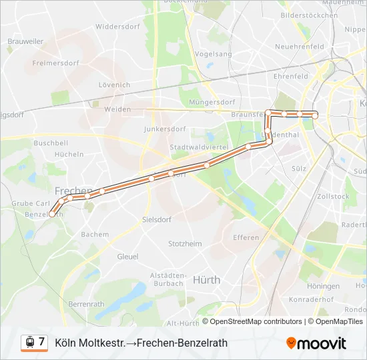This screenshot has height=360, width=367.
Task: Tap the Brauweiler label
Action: tap(25, 41)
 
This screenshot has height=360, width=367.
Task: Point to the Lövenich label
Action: tap(114, 85)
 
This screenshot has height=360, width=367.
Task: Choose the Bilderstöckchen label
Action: tap(309, 15)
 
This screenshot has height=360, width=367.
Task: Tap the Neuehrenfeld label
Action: tap(299, 47)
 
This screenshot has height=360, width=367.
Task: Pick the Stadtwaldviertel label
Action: tap(199, 147)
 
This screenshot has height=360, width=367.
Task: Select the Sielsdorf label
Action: tap(157, 219)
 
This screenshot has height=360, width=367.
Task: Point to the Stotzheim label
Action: tap(185, 244)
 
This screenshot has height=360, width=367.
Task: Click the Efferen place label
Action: tap(246, 238)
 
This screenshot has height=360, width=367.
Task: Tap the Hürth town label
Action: tap(206, 280)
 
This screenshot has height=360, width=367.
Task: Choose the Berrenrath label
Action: tap(87, 303)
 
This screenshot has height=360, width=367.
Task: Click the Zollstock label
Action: tap(334, 197)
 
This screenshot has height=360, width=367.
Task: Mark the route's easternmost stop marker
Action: tap(315, 115)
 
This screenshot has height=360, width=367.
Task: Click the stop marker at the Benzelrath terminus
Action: tap(51, 214)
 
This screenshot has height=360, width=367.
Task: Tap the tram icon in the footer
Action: tap(29, 343)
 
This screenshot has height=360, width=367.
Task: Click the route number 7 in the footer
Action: tap(41, 342)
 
